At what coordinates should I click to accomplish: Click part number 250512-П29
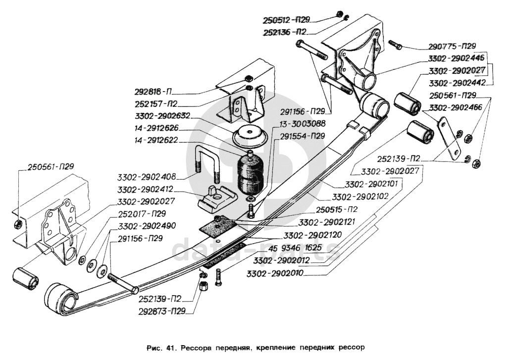point(286,20)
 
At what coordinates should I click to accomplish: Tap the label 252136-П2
point(284,32)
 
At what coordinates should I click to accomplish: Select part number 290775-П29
point(452,47)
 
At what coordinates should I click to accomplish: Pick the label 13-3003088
point(302,123)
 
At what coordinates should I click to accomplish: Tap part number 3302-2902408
point(147,177)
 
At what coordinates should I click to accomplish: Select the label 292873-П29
point(161,311)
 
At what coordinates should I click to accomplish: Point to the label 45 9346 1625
point(295,248)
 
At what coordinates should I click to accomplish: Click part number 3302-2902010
point(275,273)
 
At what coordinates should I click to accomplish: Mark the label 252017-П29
point(142,213)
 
